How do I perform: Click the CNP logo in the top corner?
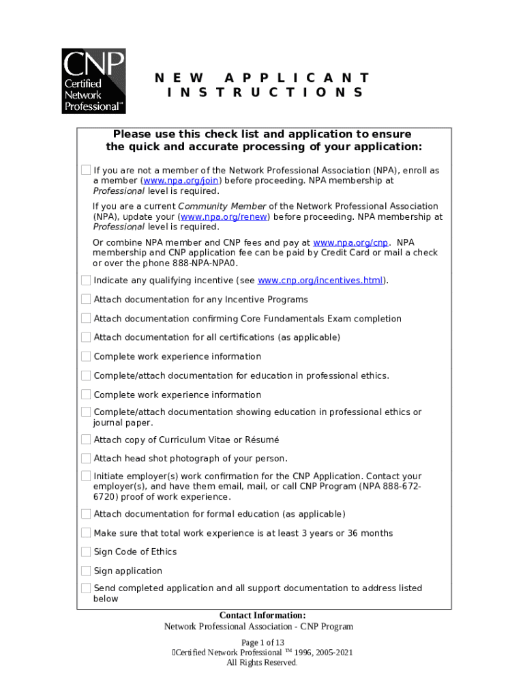pyautogui.click(x=93, y=80)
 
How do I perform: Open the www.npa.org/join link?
pyautogui.click(x=182, y=181)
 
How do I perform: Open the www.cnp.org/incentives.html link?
pyautogui.click(x=321, y=281)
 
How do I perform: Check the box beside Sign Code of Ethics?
pyautogui.click(x=86, y=552)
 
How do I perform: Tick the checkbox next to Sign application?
pyautogui.click(x=86, y=571)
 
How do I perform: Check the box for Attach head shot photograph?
pyautogui.click(x=86, y=458)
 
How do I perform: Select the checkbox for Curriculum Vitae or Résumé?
pyautogui.click(x=86, y=440)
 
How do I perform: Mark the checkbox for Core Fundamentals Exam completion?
pyautogui.click(x=86, y=319)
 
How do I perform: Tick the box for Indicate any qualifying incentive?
pyautogui.click(x=86, y=281)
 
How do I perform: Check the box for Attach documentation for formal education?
pyautogui.click(x=86, y=514)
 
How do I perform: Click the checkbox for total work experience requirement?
pyautogui.click(x=86, y=533)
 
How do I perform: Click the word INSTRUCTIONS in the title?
pyautogui.click(x=265, y=93)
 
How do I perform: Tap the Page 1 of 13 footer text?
pyautogui.click(x=262, y=642)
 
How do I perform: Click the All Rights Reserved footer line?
pyautogui.click(x=262, y=663)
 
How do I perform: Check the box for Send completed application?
pyautogui.click(x=86, y=588)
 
